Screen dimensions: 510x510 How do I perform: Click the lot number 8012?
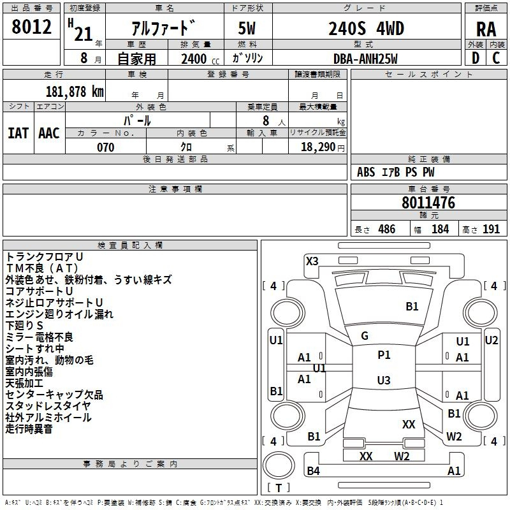31,27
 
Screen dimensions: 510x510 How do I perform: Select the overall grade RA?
486,29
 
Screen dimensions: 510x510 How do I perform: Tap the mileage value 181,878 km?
75,92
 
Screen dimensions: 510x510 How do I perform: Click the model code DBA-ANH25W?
365,59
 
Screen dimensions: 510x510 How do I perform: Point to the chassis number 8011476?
428,203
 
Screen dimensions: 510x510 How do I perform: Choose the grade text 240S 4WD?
366,29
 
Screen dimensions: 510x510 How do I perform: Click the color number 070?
106,147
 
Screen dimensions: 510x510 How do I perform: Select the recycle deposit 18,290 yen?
323,147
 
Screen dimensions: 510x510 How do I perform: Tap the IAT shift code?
18,133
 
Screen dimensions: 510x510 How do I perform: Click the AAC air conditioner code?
49,133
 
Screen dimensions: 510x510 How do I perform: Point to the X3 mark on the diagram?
312,261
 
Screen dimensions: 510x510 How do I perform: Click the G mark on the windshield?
365,336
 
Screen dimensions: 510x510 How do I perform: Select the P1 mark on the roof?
384,355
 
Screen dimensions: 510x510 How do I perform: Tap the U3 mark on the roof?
384,380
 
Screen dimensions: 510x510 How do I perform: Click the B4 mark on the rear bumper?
313,470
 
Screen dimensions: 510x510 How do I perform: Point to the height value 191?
491,229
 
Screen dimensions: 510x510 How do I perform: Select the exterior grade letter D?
476,58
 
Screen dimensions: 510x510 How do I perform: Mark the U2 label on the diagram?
491,340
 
